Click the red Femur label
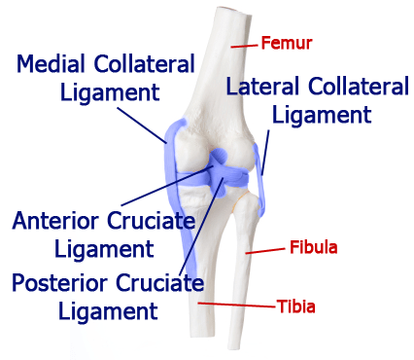tap(287, 43)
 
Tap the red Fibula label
tap(313, 247)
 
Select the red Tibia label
tap(295, 306)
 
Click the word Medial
tap(51, 63)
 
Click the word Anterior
tap(55, 221)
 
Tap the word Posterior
tap(59, 282)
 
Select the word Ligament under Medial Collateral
tap(110, 93)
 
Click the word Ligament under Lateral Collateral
tap(322, 116)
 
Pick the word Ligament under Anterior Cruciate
tap(104, 250)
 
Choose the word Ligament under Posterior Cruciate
tap(108, 312)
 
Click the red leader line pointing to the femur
tap(245, 46)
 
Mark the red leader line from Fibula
tap(265, 251)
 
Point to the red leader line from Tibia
tap(236, 305)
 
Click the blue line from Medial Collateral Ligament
tap(142, 125)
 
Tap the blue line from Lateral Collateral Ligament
tap(265, 153)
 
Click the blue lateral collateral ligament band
tap(259, 180)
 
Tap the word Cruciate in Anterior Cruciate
tap(152, 221)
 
